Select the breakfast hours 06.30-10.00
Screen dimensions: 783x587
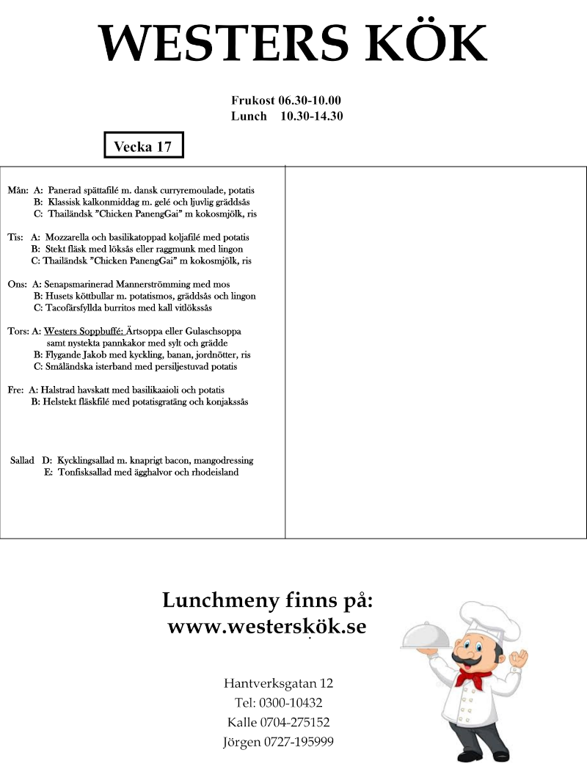[309, 101]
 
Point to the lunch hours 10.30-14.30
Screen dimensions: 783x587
[312, 116]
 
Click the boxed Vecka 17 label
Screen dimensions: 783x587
[143, 146]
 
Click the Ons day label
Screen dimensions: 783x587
[17, 284]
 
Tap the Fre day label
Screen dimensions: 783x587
[15, 390]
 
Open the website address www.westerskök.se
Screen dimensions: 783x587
[267, 627]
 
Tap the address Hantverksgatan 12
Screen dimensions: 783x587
[278, 683]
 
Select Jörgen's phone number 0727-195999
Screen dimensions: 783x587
[299, 741]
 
